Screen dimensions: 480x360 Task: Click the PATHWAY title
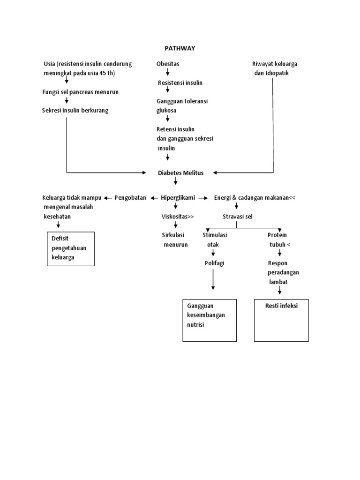pos(180,48)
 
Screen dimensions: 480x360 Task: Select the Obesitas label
pos(168,64)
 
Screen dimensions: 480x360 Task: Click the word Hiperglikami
pos(178,198)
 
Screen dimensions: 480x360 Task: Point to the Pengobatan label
pos(130,198)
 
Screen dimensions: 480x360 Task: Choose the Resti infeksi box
pos(281,320)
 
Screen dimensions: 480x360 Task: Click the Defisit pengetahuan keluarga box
pos(71,249)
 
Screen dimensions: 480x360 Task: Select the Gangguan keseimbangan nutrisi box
pos(209,320)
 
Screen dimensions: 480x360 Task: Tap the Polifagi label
pos(214,263)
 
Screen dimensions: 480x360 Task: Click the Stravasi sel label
pos(237,217)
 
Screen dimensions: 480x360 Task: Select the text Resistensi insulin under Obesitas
pos(180,83)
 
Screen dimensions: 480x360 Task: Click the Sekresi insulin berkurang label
pos(75,111)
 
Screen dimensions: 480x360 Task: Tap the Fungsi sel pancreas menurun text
pos(80,92)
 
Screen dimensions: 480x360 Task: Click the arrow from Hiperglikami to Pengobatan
pos(154,198)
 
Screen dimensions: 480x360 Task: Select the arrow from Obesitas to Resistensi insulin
pos(168,73)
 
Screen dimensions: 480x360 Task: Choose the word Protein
pos(277,235)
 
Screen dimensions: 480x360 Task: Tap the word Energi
pos(223,198)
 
